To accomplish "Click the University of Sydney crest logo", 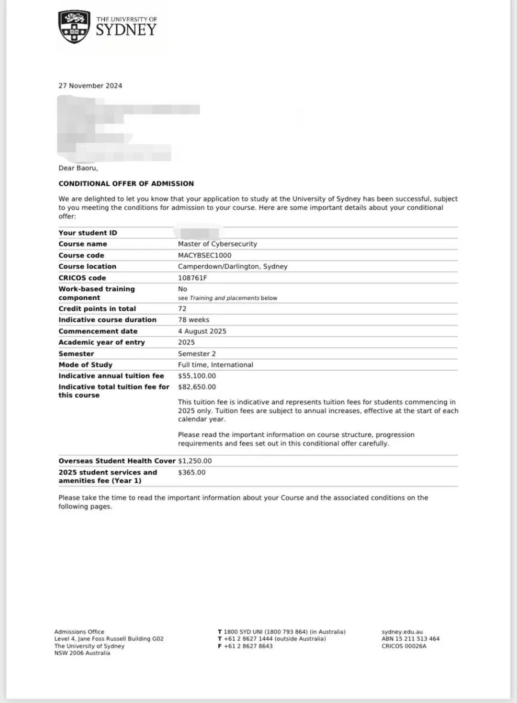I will coord(74,27).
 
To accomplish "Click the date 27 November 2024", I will coord(90,86).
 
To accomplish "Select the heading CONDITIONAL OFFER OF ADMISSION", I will coord(126,183).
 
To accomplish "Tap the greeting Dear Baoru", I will coord(78,168).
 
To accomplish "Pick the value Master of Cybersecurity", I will coord(217,244).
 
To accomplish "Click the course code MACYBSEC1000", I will coord(204,255).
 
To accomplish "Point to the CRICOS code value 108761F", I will coord(192,278).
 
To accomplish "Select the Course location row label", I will coord(87,266).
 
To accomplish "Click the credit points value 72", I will coord(182,308).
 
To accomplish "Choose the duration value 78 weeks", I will coord(193,319).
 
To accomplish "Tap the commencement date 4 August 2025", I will coord(202,331).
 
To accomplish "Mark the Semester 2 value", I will coord(197,353).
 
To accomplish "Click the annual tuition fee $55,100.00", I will coord(197,376).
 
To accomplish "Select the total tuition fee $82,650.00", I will coord(197,387).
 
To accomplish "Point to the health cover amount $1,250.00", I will coord(195,461).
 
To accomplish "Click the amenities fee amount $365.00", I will coord(191,472).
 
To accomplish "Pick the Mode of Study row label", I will coord(85,364).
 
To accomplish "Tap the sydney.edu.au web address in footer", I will coord(402,632).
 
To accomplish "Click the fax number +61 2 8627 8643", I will coord(248,646).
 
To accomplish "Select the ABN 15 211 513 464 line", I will coord(410,639).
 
